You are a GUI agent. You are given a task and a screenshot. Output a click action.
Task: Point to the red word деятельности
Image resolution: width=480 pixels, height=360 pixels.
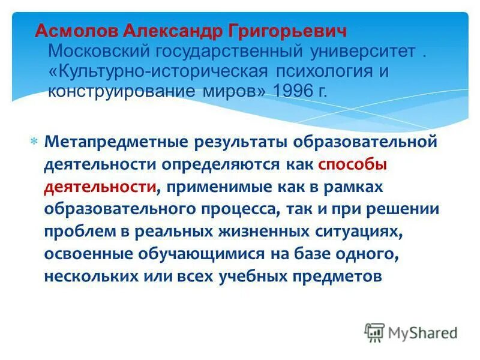tap(100, 187)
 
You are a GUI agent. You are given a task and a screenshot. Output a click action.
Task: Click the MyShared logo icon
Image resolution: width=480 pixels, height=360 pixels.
tap(375, 332)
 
